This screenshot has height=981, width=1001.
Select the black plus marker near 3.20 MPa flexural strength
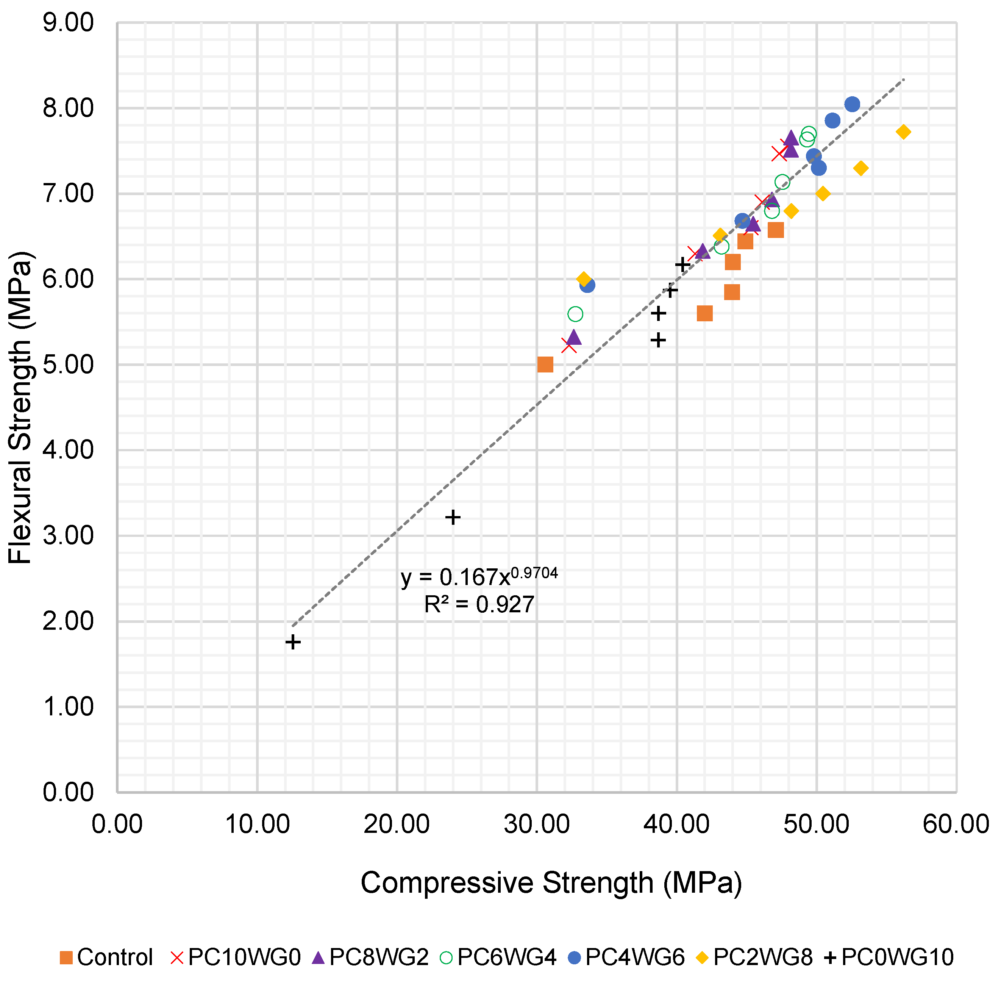pos(453,517)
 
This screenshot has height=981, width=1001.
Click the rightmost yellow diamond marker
pos(903,132)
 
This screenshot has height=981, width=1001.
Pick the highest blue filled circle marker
pos(852,104)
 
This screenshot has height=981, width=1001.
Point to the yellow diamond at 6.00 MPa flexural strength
pos(583,279)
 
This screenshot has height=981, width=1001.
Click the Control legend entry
pos(106,957)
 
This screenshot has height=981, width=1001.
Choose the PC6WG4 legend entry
pos(498,957)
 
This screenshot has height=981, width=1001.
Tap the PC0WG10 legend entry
pos(889,957)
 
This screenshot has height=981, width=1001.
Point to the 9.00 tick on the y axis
pos(69,23)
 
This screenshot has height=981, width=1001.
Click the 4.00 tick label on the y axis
pos(69,450)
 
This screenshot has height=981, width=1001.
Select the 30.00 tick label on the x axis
pos(537,825)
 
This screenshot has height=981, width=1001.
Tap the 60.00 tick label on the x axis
pos(955,825)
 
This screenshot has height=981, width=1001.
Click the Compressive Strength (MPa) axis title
pos(551,883)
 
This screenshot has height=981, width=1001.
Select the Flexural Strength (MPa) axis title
pos(20,407)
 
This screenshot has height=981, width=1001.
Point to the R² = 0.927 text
pos(479,604)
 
